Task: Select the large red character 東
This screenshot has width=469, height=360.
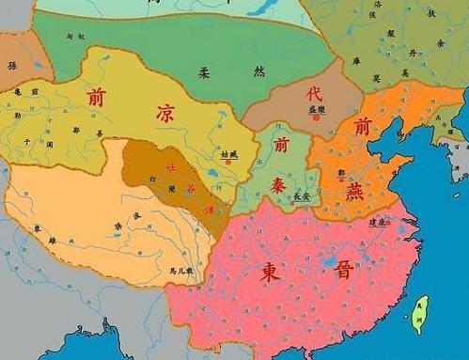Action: [271, 273]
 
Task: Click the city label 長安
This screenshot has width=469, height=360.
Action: [301, 198]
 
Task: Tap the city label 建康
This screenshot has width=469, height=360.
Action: [378, 223]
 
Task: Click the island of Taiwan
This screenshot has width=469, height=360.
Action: [422, 315]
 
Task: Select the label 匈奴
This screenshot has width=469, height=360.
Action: [63, 36]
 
